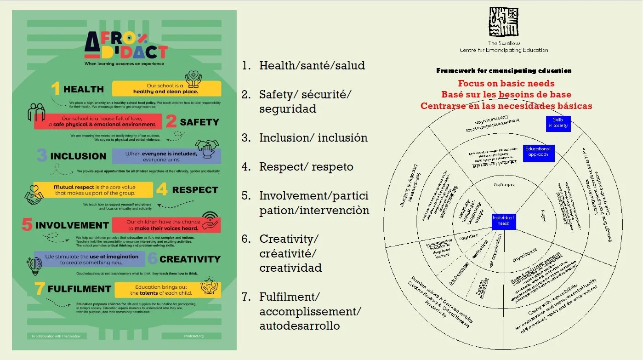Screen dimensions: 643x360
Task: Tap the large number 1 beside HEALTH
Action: pos(56,89)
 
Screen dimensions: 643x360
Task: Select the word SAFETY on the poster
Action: pos(199,122)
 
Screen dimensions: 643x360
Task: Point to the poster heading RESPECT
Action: pos(195,190)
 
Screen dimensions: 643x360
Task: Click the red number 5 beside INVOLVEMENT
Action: pos(27,225)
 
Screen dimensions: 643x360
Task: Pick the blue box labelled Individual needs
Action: pos(504,221)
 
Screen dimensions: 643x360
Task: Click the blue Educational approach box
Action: pos(538,152)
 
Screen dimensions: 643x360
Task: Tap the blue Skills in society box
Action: pos(558,123)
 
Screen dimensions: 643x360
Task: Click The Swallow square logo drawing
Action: pos(504,22)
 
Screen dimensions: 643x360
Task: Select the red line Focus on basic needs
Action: pos(506,84)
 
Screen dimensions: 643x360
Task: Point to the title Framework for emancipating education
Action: pos(504,71)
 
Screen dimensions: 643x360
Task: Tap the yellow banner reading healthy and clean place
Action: pos(166,89)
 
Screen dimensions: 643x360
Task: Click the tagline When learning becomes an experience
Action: pos(124,64)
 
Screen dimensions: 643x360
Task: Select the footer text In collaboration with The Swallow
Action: pos(56,336)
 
